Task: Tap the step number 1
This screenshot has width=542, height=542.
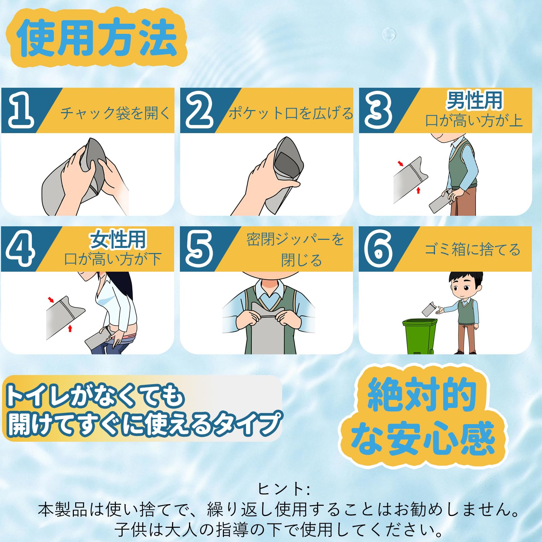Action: coord(21,111)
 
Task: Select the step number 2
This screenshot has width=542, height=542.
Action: coord(200,111)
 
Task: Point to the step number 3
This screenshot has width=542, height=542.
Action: coord(378,111)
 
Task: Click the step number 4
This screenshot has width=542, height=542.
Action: coord(20,249)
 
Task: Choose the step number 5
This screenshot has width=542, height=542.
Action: coord(199,249)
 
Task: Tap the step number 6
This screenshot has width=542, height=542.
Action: coord(378,249)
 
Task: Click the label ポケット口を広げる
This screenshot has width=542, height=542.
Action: coord(291,113)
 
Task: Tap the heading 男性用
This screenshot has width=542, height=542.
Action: coord(474,100)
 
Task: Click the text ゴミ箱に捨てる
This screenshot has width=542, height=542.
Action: coord(473,250)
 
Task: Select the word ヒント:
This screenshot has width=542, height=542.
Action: coord(284,489)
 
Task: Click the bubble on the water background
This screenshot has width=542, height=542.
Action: coord(389,34)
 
